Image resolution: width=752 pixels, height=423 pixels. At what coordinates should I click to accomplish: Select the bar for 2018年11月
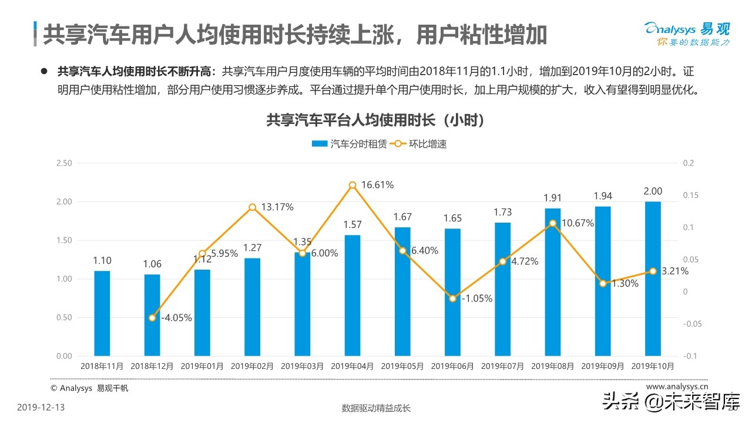coord(102,313)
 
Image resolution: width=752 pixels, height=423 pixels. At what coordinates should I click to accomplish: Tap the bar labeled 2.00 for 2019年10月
coord(653,278)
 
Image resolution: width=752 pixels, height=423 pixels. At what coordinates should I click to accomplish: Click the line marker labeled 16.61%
coord(352,185)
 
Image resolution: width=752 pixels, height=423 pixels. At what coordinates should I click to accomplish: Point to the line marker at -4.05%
coord(152,318)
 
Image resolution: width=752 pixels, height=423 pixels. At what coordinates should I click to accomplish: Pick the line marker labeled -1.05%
coord(452,298)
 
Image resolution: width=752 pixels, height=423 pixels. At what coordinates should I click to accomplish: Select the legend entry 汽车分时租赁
coord(349,143)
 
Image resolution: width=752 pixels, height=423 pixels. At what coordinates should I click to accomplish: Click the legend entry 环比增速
coord(418,143)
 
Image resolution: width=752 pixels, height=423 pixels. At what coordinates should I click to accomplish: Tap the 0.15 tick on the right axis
coord(689,195)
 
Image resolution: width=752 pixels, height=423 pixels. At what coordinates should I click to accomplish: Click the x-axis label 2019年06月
coord(452,366)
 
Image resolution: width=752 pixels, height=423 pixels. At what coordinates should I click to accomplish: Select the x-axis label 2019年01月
coord(202,366)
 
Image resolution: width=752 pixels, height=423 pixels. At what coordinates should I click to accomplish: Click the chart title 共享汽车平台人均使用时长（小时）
coord(375,120)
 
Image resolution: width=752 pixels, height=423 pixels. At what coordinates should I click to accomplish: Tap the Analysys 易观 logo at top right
coord(686,34)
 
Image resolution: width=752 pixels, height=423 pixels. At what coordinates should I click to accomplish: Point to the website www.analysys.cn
coord(677,387)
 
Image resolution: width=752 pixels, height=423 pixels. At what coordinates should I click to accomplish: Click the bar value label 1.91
coord(553,198)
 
